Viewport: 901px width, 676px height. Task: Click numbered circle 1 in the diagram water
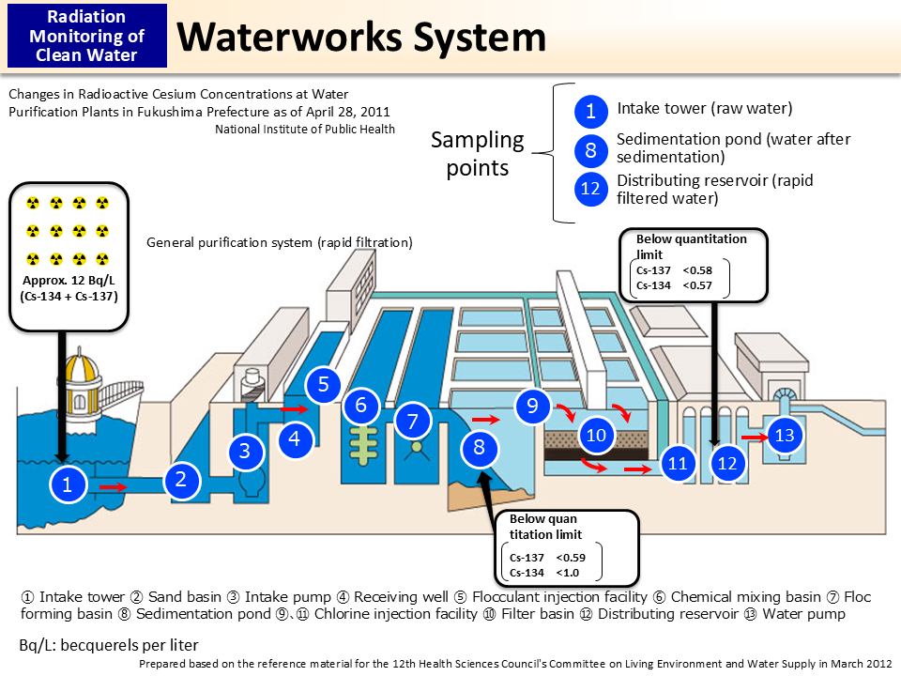[x=67, y=484]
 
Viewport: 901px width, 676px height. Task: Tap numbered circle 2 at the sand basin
[x=182, y=480]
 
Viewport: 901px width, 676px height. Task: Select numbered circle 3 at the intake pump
[x=245, y=451]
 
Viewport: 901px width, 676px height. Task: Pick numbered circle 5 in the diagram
[x=323, y=384]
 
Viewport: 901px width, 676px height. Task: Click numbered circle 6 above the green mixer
[x=361, y=407]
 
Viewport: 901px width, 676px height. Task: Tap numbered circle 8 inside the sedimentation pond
[x=479, y=448]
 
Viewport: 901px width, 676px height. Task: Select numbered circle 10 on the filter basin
[x=597, y=435]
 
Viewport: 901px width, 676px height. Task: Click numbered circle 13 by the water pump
[x=785, y=435]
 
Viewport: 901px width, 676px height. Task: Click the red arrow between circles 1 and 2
[x=113, y=487]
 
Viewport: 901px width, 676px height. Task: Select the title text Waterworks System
[x=361, y=38]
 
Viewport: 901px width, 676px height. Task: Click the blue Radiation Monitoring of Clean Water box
[x=86, y=35]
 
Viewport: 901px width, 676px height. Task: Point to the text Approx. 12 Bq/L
[x=68, y=280]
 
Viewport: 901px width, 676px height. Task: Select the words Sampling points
[x=477, y=153]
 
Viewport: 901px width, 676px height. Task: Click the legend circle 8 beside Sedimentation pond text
[x=590, y=150]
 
